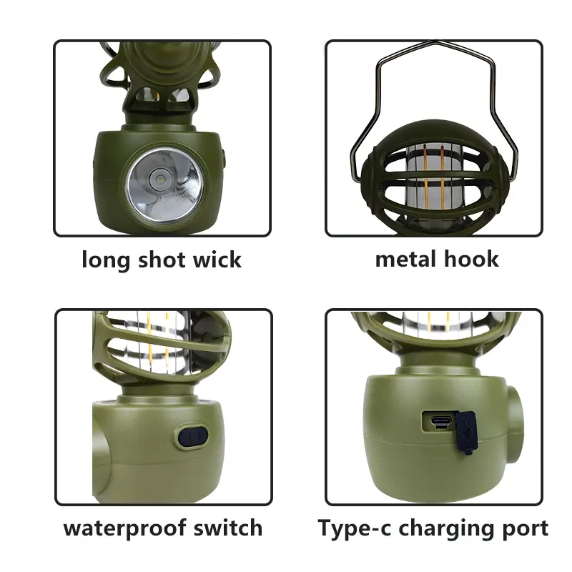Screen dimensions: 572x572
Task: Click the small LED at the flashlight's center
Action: coord(160,179)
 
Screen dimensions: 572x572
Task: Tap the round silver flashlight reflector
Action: coord(164,186)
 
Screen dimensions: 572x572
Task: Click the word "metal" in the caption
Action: coord(405,259)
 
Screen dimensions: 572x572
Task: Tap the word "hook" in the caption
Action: coord(471,259)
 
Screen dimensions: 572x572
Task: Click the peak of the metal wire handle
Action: coord(436,42)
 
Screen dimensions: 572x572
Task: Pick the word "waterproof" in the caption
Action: coord(124,528)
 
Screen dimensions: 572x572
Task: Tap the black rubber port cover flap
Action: coord(466,433)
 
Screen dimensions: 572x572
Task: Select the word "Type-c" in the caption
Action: coord(354,528)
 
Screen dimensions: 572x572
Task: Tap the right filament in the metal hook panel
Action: coord(442,177)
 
